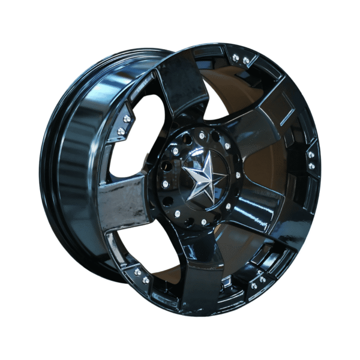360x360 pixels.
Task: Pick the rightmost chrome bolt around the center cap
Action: pos(238,175)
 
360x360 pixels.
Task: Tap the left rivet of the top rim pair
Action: pos(235,58)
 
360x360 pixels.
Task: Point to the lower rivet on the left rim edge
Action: pos(121,131)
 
